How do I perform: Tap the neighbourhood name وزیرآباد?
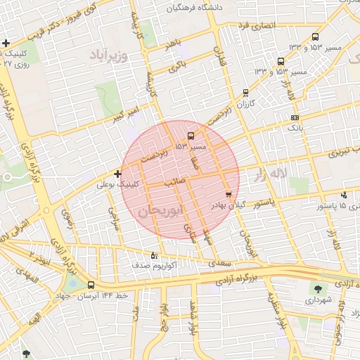(x=110, y=55)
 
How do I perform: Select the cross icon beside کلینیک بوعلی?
(x=117, y=173)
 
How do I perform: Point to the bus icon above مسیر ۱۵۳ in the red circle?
(x=191, y=136)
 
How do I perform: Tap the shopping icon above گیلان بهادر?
(x=228, y=195)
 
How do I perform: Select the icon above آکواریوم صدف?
(x=155, y=255)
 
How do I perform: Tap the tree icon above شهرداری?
(x=317, y=288)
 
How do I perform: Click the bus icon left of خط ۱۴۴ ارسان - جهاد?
(x=91, y=285)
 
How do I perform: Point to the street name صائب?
(x=174, y=181)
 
